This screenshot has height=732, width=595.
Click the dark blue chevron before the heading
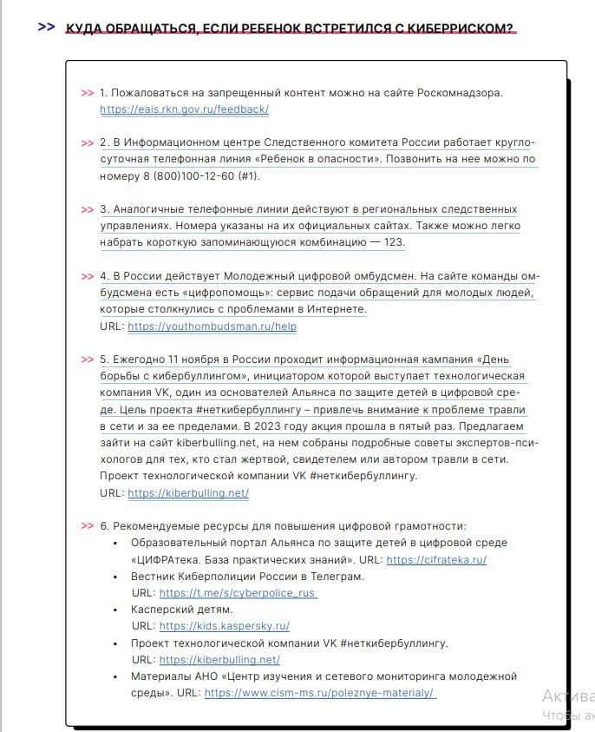pyautogui.click(x=46, y=27)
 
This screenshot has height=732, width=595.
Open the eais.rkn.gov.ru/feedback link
pyautogui.click(x=184, y=109)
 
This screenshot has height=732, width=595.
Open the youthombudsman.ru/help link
pyautogui.click(x=212, y=326)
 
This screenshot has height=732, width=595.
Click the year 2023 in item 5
pyautogui.click(x=281, y=426)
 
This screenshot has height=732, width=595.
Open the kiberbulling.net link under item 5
pyautogui.click(x=188, y=493)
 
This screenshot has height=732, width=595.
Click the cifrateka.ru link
pyautogui.click(x=436, y=560)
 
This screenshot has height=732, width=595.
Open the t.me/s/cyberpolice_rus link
pyautogui.click(x=238, y=593)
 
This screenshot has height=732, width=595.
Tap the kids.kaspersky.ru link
pyautogui.click(x=224, y=626)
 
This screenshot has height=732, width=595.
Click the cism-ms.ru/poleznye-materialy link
pyautogui.click(x=320, y=693)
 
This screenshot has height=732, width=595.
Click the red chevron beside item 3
pyautogui.click(x=87, y=210)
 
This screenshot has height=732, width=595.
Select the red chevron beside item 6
pyautogui.click(x=87, y=526)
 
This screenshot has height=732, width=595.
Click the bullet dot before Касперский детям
pyautogui.click(x=115, y=610)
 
